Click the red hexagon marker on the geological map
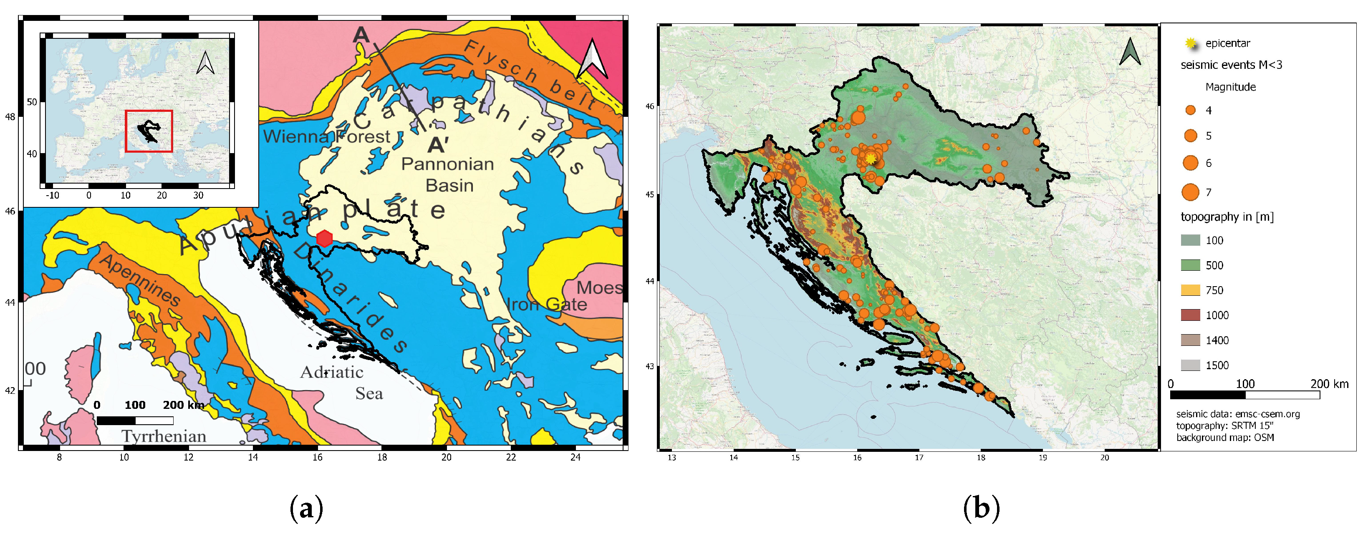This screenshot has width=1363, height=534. click(x=324, y=239)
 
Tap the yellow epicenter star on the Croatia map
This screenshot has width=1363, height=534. click(x=871, y=158)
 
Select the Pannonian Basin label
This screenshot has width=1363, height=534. click(x=448, y=174)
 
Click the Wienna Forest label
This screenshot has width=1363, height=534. click(x=326, y=137)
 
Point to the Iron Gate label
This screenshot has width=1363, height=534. click(x=547, y=305)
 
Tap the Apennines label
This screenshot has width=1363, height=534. click(x=140, y=280)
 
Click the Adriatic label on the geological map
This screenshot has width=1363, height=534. click(x=332, y=373)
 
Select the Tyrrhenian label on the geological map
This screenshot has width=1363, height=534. click(x=164, y=436)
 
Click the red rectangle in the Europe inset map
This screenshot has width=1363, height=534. click(x=149, y=131)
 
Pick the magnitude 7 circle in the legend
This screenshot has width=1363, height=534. click(x=1191, y=192)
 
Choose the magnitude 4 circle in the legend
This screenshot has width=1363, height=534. click(x=1191, y=110)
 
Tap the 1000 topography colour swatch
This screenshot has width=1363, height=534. click(x=1191, y=315)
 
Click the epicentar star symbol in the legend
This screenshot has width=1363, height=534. click(x=1191, y=43)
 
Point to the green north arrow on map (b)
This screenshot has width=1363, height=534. click(x=1130, y=52)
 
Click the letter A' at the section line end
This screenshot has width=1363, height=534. click(x=438, y=144)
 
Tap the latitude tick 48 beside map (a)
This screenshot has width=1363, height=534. click(x=10, y=117)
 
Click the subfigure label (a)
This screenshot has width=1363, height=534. click(x=306, y=508)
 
